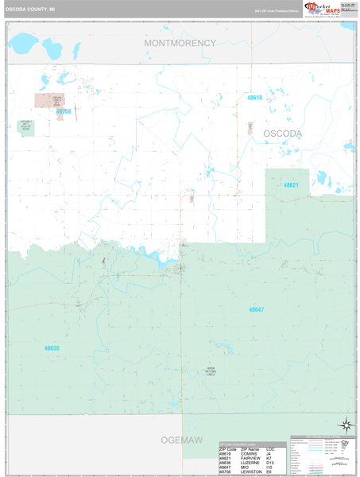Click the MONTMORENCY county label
tap(180, 43)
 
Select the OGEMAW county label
tap(173, 440)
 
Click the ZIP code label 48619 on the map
tap(254, 98)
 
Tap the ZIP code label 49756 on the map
tap(64, 112)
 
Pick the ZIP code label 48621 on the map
tap(291, 184)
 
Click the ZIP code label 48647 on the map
tap(256, 308)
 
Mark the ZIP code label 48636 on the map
tap(52, 347)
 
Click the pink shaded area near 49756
tap(47, 101)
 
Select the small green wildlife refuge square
tap(27, 128)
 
